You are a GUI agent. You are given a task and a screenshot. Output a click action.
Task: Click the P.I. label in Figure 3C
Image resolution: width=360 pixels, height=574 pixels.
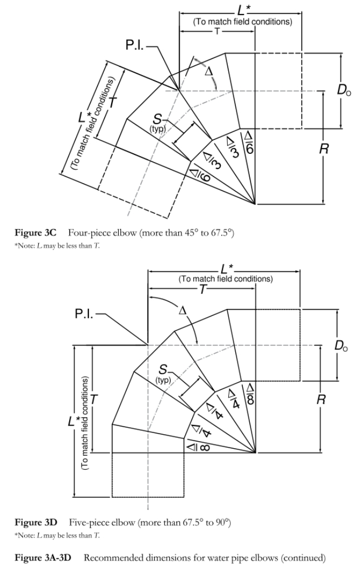(x=135, y=45)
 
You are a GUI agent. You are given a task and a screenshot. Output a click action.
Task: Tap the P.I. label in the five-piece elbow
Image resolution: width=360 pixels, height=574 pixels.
(x=85, y=314)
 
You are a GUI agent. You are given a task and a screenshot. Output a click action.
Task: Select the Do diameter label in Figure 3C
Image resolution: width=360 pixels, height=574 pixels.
(x=343, y=90)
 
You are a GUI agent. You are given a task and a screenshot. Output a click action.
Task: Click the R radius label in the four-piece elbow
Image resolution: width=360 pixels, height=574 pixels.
(x=324, y=149)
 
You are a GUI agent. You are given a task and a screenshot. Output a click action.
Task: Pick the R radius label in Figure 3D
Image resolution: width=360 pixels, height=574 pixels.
(x=321, y=400)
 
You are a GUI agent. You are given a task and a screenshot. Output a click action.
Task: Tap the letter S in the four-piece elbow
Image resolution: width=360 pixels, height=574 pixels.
(x=157, y=119)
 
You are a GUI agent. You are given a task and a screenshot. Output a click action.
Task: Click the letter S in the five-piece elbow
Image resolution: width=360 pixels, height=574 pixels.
(x=163, y=370)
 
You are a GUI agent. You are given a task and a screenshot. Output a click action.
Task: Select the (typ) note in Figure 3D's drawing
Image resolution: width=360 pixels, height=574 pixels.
(x=163, y=380)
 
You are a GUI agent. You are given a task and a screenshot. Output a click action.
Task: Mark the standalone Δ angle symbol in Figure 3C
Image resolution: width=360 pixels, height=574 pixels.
(x=208, y=71)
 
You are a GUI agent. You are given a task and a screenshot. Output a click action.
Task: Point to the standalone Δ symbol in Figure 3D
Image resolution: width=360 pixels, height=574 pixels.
(x=182, y=311)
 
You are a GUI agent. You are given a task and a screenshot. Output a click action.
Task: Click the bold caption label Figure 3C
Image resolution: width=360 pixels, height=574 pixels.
(x=36, y=233)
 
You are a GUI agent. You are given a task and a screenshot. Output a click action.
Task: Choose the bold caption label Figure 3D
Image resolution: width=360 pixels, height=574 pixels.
(x=36, y=522)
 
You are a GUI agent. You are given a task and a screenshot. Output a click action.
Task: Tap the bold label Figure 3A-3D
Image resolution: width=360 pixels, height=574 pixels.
(x=43, y=558)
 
